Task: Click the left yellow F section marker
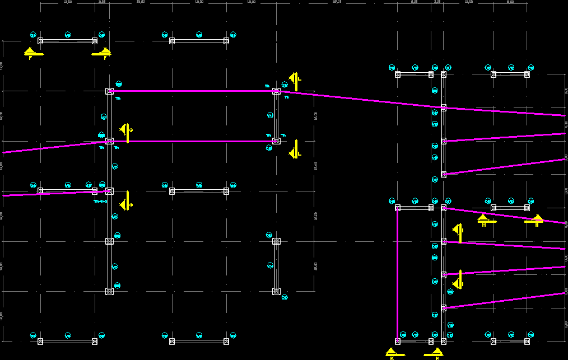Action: click(31, 53)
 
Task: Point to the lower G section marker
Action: click(127, 200)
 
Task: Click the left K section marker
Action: click(392, 352)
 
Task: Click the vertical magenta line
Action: click(397, 274)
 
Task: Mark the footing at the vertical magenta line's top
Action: click(398, 208)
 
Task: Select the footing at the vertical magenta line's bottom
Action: click(398, 340)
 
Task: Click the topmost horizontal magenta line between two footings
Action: click(193, 91)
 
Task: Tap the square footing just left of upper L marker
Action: click(276, 91)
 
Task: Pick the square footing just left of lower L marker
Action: click(276, 141)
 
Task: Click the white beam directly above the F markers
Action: click(67, 41)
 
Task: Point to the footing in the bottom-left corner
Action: click(40, 341)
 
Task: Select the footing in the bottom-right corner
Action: click(527, 341)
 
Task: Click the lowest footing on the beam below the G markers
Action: click(110, 291)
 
